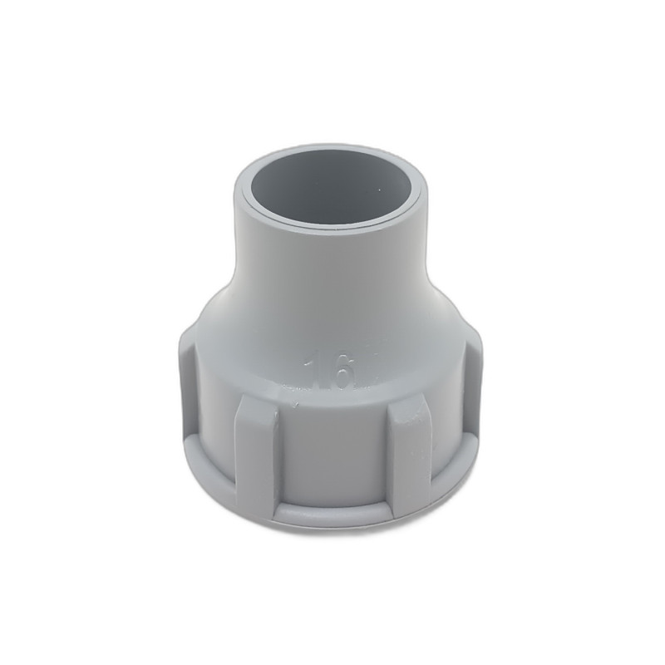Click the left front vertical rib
254,453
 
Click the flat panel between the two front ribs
331,449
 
